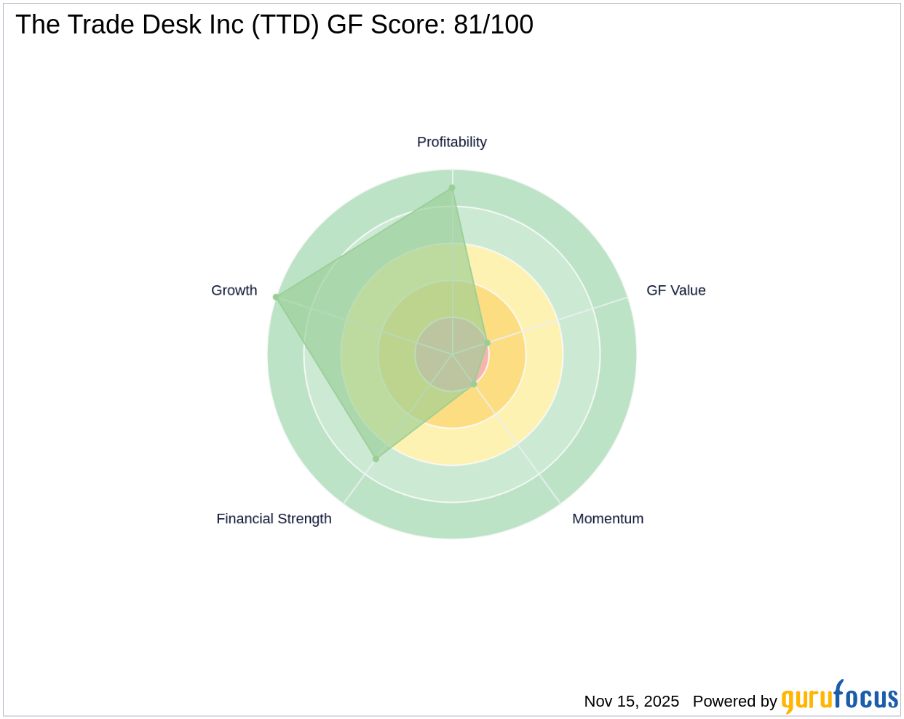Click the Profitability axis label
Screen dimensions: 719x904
coord(451,142)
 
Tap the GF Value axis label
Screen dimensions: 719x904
coord(675,290)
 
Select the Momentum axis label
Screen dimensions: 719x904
coord(608,519)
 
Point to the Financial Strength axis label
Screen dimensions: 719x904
coord(274,519)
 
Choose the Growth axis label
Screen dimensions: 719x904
coord(234,290)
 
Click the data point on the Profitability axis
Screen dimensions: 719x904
coord(452,188)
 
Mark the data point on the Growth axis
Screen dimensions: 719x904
coord(276,297)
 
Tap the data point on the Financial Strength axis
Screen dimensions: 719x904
coord(376,459)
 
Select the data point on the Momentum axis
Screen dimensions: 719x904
coord(473,384)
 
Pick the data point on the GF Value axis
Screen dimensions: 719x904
coord(488,343)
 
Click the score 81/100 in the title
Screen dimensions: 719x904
coord(493,25)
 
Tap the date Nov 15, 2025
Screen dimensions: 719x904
coord(631,702)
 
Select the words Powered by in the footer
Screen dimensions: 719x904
coord(734,702)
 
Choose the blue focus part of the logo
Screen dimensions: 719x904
coord(865,697)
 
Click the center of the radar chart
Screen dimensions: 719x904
coord(452,354)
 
